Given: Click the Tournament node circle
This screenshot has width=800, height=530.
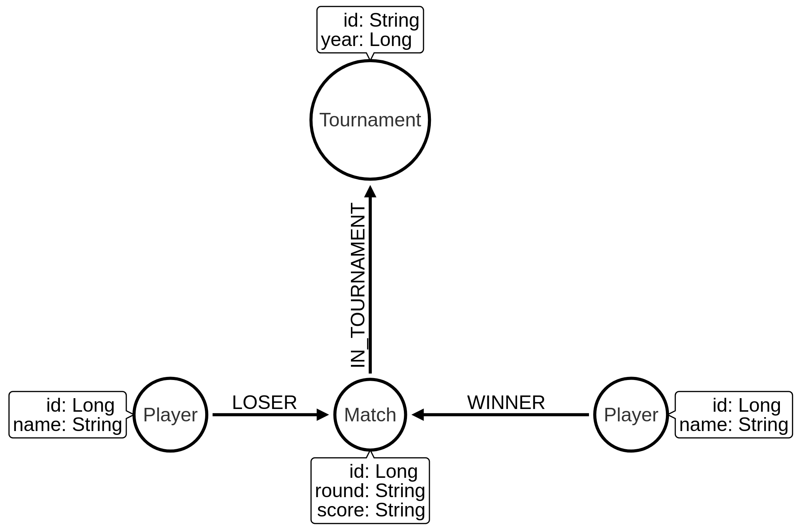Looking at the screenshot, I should coord(370,120).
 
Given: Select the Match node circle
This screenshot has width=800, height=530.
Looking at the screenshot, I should coord(370,415).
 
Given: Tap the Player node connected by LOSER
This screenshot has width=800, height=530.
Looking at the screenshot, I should coord(170,415).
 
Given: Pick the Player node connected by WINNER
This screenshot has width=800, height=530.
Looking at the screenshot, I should coord(631,415).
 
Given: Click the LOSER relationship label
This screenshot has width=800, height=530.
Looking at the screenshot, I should coord(264,402).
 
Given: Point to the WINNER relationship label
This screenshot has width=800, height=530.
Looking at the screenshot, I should coord(506,402).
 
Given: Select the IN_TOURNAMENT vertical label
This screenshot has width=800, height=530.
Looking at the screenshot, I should coord(358,285).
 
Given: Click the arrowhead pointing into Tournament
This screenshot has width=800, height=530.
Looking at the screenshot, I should coord(370,191).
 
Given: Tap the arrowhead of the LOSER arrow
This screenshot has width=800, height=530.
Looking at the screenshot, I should coord(323,415).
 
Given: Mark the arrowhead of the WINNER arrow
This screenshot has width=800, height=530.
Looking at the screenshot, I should coord(418,415).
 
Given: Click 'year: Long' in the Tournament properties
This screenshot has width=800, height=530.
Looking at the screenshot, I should coord(366,40).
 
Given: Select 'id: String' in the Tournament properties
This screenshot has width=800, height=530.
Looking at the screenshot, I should coord(381,20).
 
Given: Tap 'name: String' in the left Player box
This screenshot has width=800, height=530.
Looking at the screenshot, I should coord(68,424).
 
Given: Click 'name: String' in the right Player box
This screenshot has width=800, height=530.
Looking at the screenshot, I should coord(734,424).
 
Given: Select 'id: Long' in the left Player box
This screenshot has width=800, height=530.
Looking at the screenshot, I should coord(80,405).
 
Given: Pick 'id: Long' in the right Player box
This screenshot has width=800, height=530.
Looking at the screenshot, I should coord(747,405).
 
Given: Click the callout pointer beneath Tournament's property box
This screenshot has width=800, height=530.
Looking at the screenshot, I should coord(370,56).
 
